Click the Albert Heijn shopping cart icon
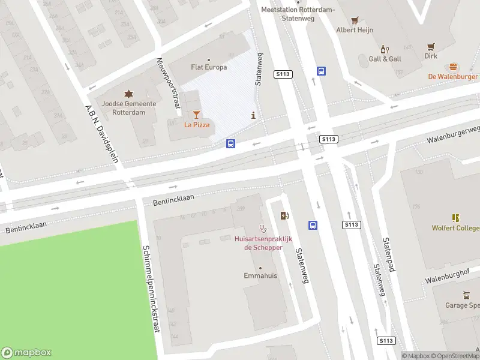355,20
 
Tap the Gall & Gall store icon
385,49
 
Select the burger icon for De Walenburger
453,67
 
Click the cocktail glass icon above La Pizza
196,114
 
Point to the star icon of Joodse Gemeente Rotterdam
128,94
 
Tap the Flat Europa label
208,67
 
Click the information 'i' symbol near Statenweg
254,115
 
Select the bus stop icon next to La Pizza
230,143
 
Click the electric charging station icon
284,216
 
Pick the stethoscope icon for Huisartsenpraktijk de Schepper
262,228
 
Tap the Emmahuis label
260,275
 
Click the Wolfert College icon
455,218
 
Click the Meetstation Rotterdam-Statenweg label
290,13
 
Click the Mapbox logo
26,353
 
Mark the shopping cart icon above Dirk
431,46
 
